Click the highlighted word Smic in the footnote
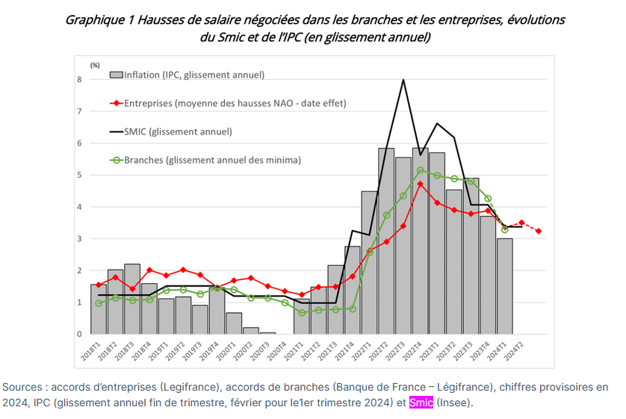(421, 403)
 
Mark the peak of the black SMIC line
(403, 79)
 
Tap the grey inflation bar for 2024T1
(504, 286)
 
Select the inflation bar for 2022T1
(369, 262)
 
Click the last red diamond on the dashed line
(539, 231)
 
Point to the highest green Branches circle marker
(421, 170)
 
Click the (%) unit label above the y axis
(95, 65)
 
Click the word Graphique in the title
(92, 20)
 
